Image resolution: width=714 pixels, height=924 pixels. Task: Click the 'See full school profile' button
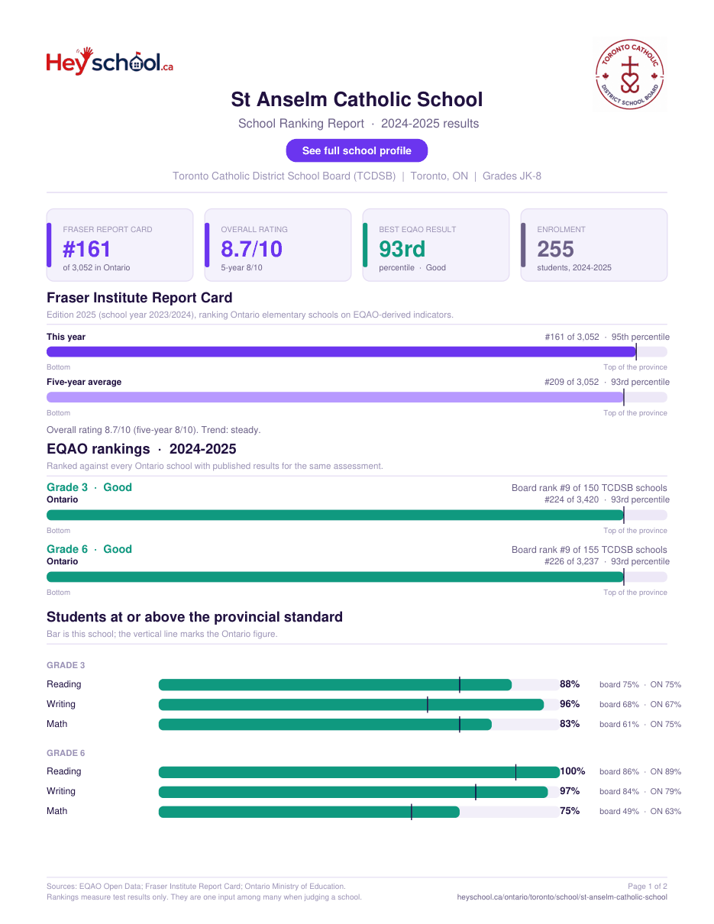(357, 150)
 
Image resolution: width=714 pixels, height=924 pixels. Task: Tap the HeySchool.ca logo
(110, 61)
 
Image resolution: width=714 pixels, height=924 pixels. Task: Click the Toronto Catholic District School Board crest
(630, 74)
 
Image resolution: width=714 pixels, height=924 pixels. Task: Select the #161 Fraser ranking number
(87, 249)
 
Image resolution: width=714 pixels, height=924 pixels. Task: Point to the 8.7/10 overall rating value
(251, 249)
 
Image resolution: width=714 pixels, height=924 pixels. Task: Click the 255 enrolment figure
(555, 249)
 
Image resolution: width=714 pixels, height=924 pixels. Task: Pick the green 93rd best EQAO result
(402, 249)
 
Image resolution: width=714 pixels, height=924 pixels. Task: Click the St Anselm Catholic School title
(357, 99)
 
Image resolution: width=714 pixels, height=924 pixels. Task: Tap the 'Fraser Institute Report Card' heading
(140, 298)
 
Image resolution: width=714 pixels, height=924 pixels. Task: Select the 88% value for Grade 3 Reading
(570, 683)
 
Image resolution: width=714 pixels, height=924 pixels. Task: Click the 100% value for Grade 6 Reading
(573, 771)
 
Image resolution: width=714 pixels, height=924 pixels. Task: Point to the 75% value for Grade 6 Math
(570, 810)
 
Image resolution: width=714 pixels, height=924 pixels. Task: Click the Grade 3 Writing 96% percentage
(570, 704)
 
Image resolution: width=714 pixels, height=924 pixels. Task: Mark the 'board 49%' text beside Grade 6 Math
(619, 811)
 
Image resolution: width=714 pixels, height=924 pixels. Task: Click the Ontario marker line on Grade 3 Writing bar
(428, 705)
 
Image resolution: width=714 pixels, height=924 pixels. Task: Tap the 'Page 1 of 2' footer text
(648, 886)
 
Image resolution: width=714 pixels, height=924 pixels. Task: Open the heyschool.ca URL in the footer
(562, 897)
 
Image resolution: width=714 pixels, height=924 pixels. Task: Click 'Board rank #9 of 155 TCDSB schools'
(590, 549)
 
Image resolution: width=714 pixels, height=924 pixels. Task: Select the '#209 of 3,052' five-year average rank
(571, 382)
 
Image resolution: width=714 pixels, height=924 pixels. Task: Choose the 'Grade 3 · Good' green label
(89, 487)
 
